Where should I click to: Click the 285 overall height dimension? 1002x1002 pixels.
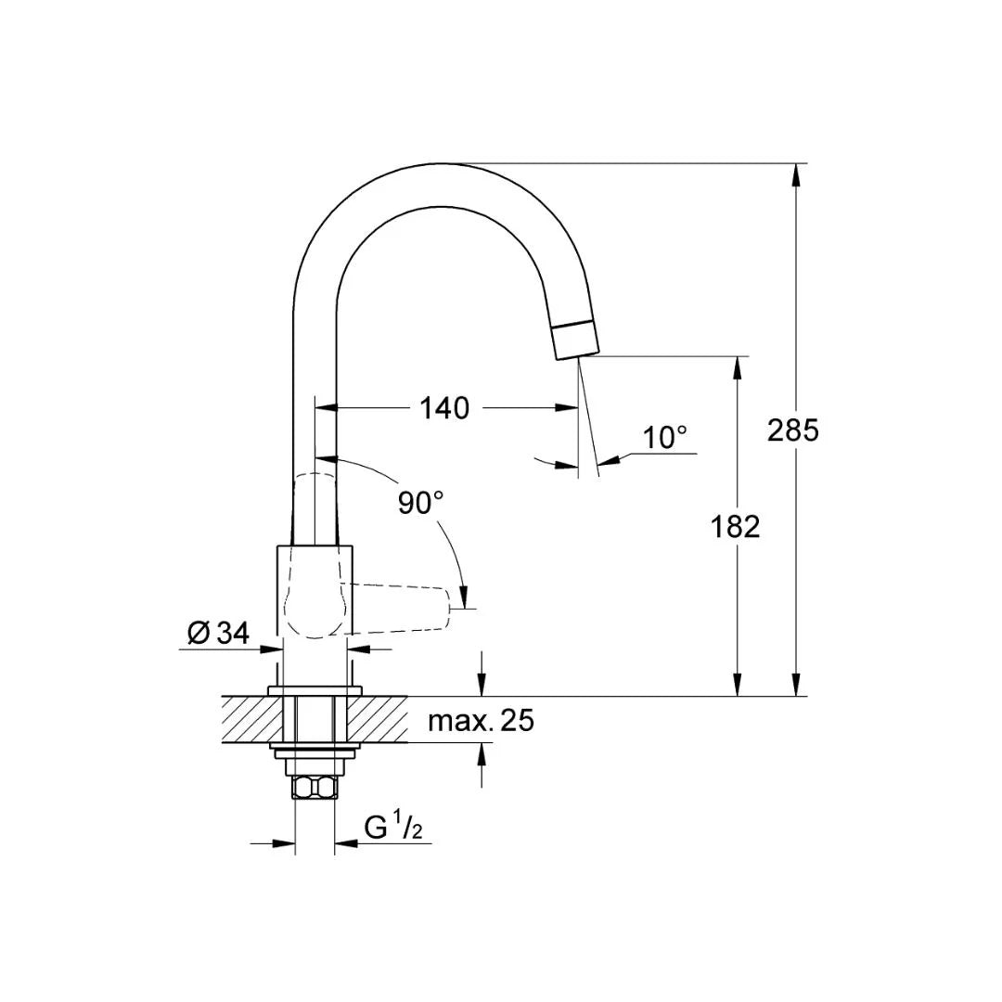pos(793,430)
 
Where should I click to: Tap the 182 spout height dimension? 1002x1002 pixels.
pos(736,526)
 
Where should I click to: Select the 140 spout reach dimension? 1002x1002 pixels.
pos(444,407)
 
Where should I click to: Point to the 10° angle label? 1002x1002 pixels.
pos(666,437)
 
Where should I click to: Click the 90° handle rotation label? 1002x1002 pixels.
pos(420,503)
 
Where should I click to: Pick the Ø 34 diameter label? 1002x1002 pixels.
pos(218,634)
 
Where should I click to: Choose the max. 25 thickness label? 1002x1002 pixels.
pos(481,720)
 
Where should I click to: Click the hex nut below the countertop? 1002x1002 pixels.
pos(315,788)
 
